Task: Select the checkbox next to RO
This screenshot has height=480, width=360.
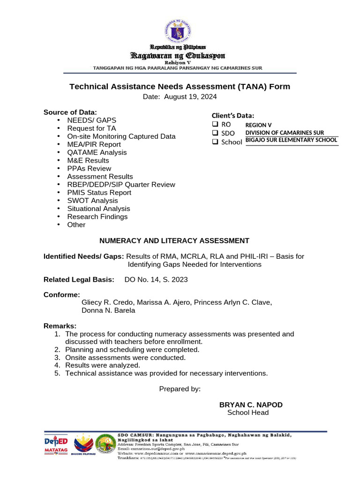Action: point(215,125)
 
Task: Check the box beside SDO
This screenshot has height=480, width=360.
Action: point(215,133)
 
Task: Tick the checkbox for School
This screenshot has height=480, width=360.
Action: point(215,142)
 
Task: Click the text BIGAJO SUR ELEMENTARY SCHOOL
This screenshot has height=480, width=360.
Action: point(291,140)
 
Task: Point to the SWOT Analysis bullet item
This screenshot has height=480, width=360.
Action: point(92,201)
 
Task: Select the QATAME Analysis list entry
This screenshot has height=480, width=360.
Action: point(97,152)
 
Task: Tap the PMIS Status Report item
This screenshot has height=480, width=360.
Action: point(99,193)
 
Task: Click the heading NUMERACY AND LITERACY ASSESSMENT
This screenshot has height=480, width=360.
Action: point(174,241)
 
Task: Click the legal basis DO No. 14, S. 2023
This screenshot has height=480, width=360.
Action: point(156,280)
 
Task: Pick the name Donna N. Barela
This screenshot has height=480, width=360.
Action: point(108,310)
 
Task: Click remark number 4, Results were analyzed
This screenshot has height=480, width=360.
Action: point(102,365)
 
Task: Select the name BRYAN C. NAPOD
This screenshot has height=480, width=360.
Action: point(251,405)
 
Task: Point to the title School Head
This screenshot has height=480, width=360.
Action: point(248,413)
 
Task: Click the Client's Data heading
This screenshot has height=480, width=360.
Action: point(233,116)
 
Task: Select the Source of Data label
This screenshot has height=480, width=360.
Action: point(70,112)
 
